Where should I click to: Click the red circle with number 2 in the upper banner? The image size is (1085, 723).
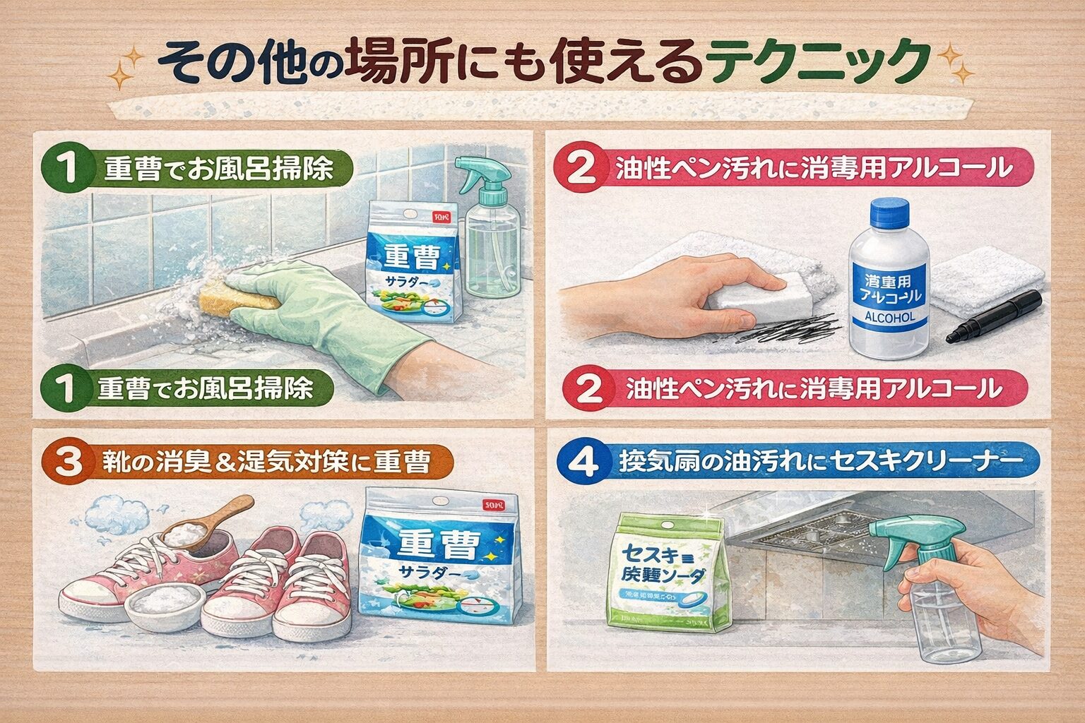tap(586, 169)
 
